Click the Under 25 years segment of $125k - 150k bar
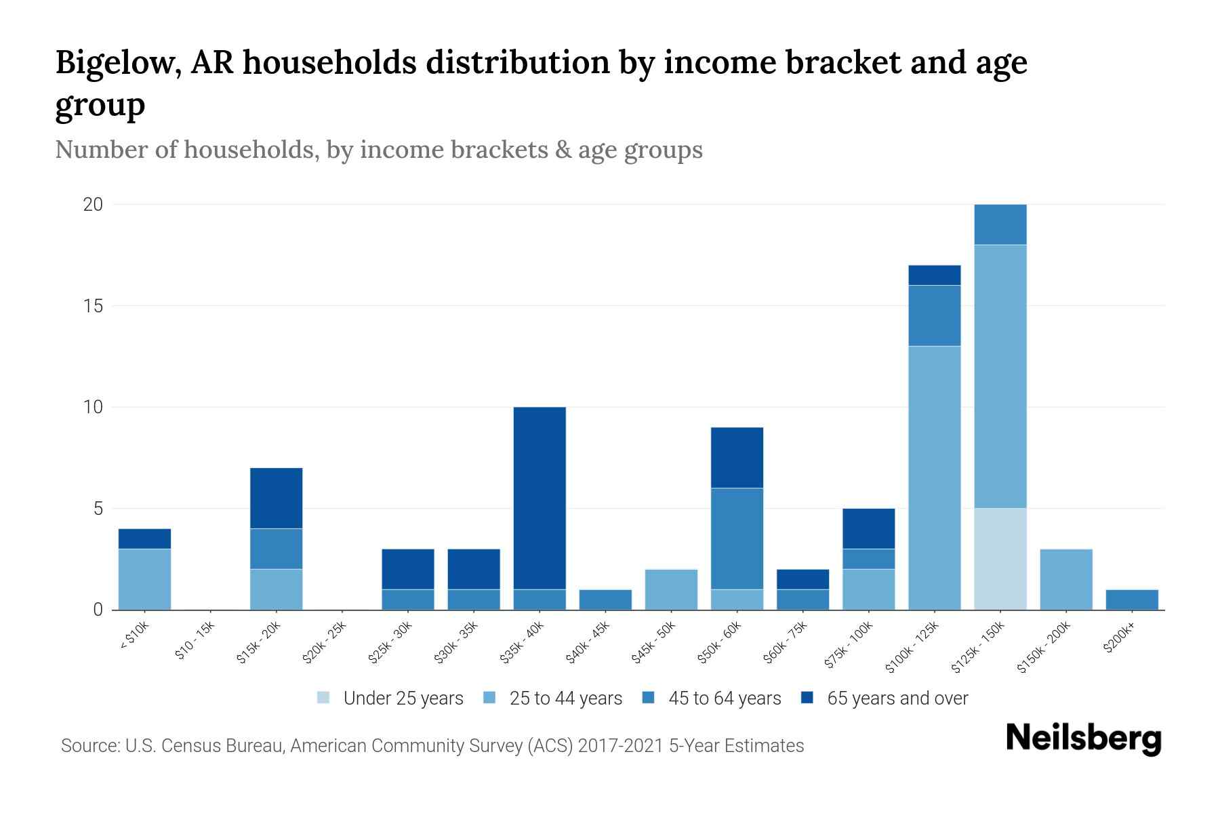pos(1000,559)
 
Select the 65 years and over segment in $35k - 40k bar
pos(540,498)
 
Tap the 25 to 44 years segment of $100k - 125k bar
pos(934,478)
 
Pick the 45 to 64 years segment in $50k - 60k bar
pos(737,539)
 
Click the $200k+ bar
pos(1131,600)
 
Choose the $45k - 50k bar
pos(671,589)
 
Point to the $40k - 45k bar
pos(605,600)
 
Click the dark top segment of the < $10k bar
pos(144,539)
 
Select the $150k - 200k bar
pos(1065,579)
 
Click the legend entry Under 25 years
pos(403,699)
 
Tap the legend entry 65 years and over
pos(897,699)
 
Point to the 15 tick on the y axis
pos(93,306)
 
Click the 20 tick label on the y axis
pos(93,205)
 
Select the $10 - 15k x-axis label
pos(195,640)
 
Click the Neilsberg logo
pos(1083,739)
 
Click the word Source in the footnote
pos(89,746)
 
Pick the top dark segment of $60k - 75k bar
pos(802,579)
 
